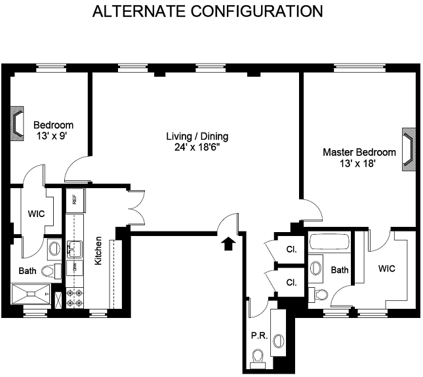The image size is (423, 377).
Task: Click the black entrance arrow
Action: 228,243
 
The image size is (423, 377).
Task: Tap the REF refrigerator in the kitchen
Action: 75,200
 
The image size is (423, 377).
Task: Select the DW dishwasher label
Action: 75,268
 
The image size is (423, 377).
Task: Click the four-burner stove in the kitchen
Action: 75,298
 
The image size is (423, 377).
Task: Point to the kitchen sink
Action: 75,249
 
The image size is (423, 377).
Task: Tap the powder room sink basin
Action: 279,341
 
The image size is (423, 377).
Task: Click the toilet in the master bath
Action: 318,294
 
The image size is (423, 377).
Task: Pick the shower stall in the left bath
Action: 31,294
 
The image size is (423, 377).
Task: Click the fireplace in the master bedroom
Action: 409,149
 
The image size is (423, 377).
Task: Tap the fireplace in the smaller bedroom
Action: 17,123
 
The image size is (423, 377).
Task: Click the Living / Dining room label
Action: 197,136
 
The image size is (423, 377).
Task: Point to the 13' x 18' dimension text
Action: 357,163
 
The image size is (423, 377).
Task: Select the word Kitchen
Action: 98,251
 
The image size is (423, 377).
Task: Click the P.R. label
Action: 259,336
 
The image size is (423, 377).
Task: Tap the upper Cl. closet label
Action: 291,249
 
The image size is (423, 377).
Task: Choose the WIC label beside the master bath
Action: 387,269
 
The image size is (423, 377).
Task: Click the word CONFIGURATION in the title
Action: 257,11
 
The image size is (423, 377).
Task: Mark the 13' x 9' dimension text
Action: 52,136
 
